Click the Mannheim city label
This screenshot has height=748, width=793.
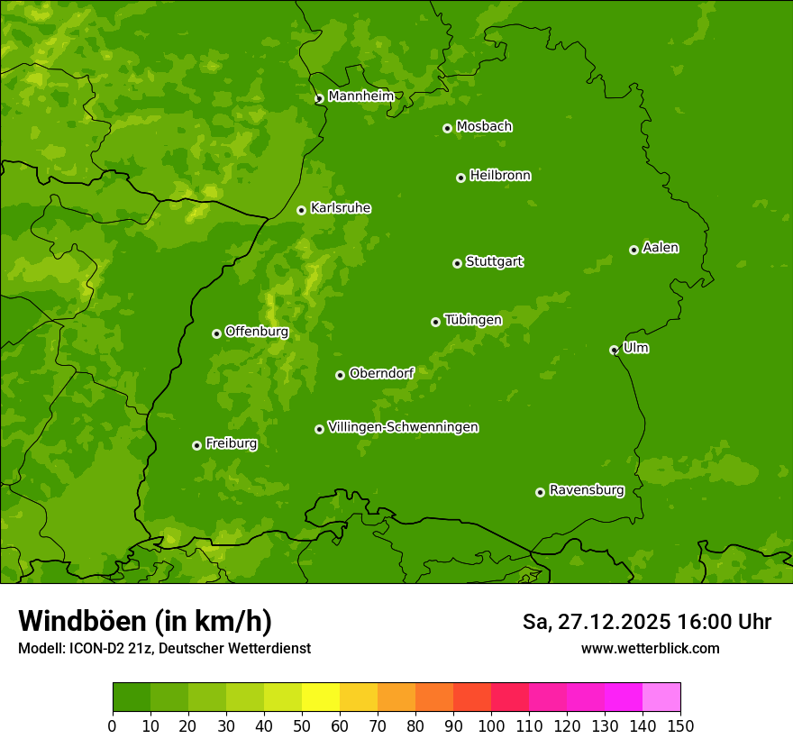(360, 96)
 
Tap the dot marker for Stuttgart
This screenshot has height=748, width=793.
(457, 263)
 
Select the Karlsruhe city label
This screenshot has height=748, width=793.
(341, 208)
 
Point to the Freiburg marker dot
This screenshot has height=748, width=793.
(196, 445)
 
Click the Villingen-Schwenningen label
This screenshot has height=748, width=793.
(403, 427)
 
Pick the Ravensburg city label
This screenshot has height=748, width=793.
(587, 490)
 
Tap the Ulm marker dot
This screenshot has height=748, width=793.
(614, 350)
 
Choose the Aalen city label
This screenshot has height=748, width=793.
(661, 248)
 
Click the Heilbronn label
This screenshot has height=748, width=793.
(500, 176)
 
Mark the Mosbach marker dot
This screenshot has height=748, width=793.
(447, 128)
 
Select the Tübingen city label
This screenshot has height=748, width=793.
(473, 320)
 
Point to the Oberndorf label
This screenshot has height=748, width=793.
(381, 373)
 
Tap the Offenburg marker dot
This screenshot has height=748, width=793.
(216, 333)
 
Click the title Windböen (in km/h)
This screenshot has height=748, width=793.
(145, 621)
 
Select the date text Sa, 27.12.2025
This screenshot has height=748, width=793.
(596, 622)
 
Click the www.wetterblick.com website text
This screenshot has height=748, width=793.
(650, 648)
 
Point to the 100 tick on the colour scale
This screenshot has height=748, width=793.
(491, 725)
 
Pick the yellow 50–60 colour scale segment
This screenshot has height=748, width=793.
(321, 697)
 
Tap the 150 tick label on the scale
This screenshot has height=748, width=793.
(680, 725)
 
